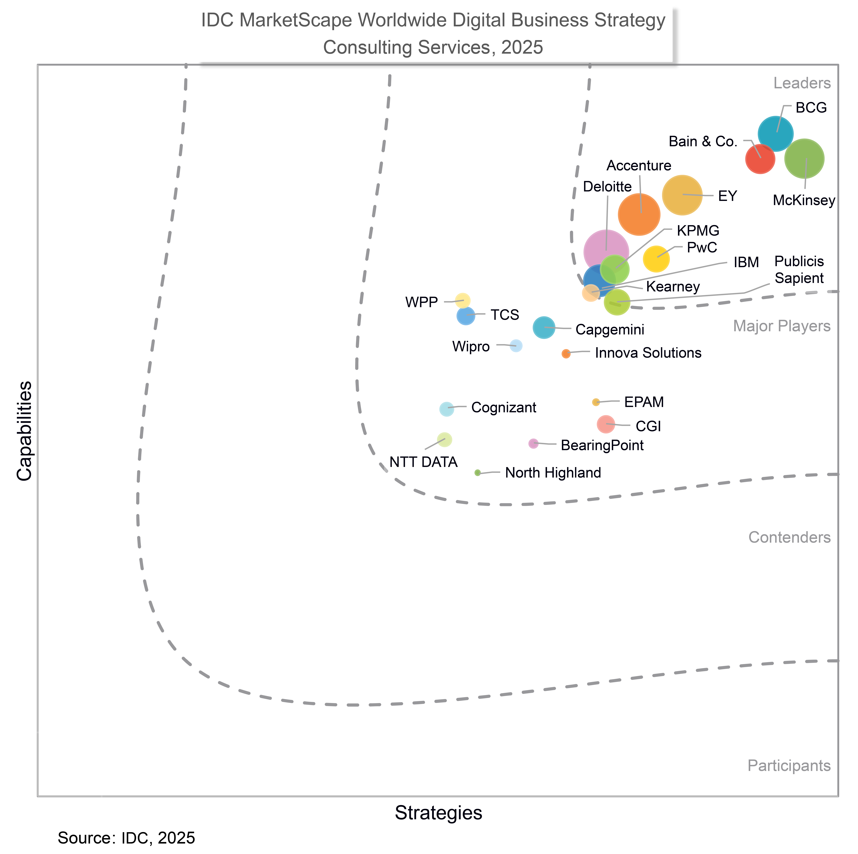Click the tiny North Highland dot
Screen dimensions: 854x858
[x=477, y=472]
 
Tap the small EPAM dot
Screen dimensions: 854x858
[x=596, y=402]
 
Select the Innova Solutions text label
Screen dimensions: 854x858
[x=648, y=353]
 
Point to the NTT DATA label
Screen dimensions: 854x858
[x=423, y=462]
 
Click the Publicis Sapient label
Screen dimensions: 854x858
[x=799, y=270]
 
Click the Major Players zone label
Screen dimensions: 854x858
[x=782, y=326]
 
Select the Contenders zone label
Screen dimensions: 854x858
[x=789, y=537]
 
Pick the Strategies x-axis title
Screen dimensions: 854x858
[x=438, y=813]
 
